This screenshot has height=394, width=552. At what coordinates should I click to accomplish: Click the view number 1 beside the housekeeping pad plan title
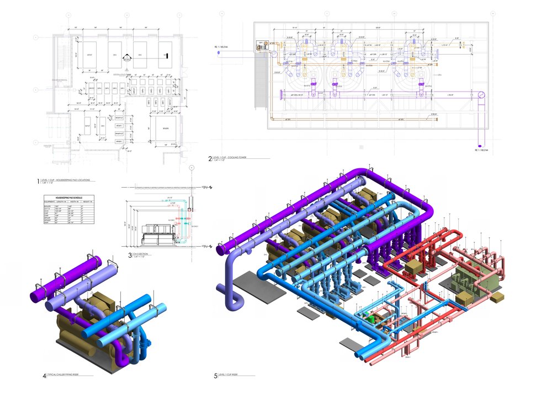coord(38,180)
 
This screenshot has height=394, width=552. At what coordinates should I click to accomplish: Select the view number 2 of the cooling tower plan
coord(210,159)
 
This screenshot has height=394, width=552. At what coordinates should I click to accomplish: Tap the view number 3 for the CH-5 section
coord(130,255)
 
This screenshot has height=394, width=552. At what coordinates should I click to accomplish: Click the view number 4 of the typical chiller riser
coord(44,376)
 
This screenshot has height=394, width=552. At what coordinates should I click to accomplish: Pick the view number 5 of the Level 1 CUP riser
coord(216,376)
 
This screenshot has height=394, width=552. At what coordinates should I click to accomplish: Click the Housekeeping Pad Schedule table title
coord(68,197)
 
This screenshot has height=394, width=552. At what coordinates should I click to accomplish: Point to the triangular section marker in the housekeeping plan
coord(126,56)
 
